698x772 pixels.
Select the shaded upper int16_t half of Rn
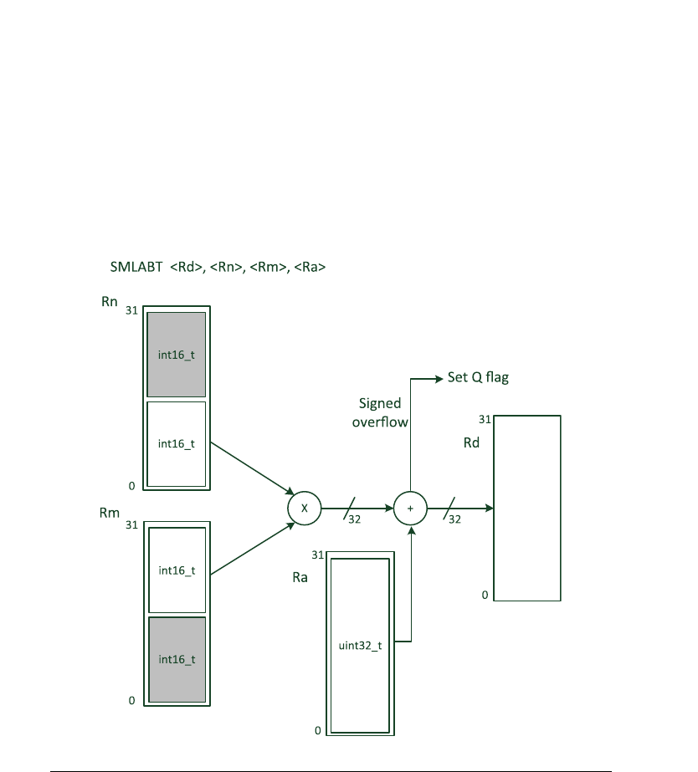[177, 354]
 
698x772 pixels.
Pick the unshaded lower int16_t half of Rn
[177, 443]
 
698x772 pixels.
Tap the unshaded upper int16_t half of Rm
[177, 570]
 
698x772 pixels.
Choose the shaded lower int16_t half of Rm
[177, 659]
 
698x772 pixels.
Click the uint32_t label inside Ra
[361, 646]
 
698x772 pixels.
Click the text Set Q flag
[479, 377]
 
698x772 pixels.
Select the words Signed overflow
[380, 412]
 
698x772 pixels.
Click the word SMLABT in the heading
[136, 268]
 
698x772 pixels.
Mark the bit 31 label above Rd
[485, 419]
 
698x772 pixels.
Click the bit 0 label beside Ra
[318, 730]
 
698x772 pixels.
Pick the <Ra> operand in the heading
[311, 268]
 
